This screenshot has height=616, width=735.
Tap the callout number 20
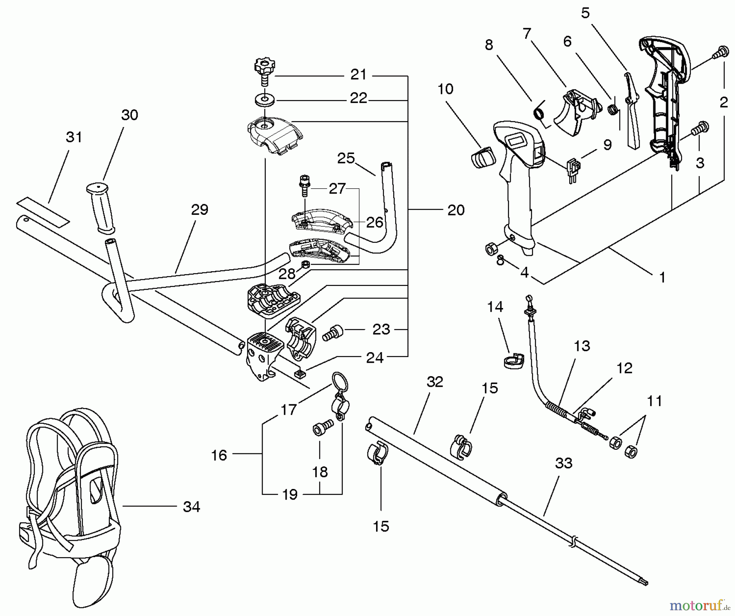pos(456,210)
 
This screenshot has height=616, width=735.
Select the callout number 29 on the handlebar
pos(199,210)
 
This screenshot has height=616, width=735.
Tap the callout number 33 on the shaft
pos(563,463)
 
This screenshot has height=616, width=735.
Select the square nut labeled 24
pos(300,374)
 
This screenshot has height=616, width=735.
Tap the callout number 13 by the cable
pos(582,346)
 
